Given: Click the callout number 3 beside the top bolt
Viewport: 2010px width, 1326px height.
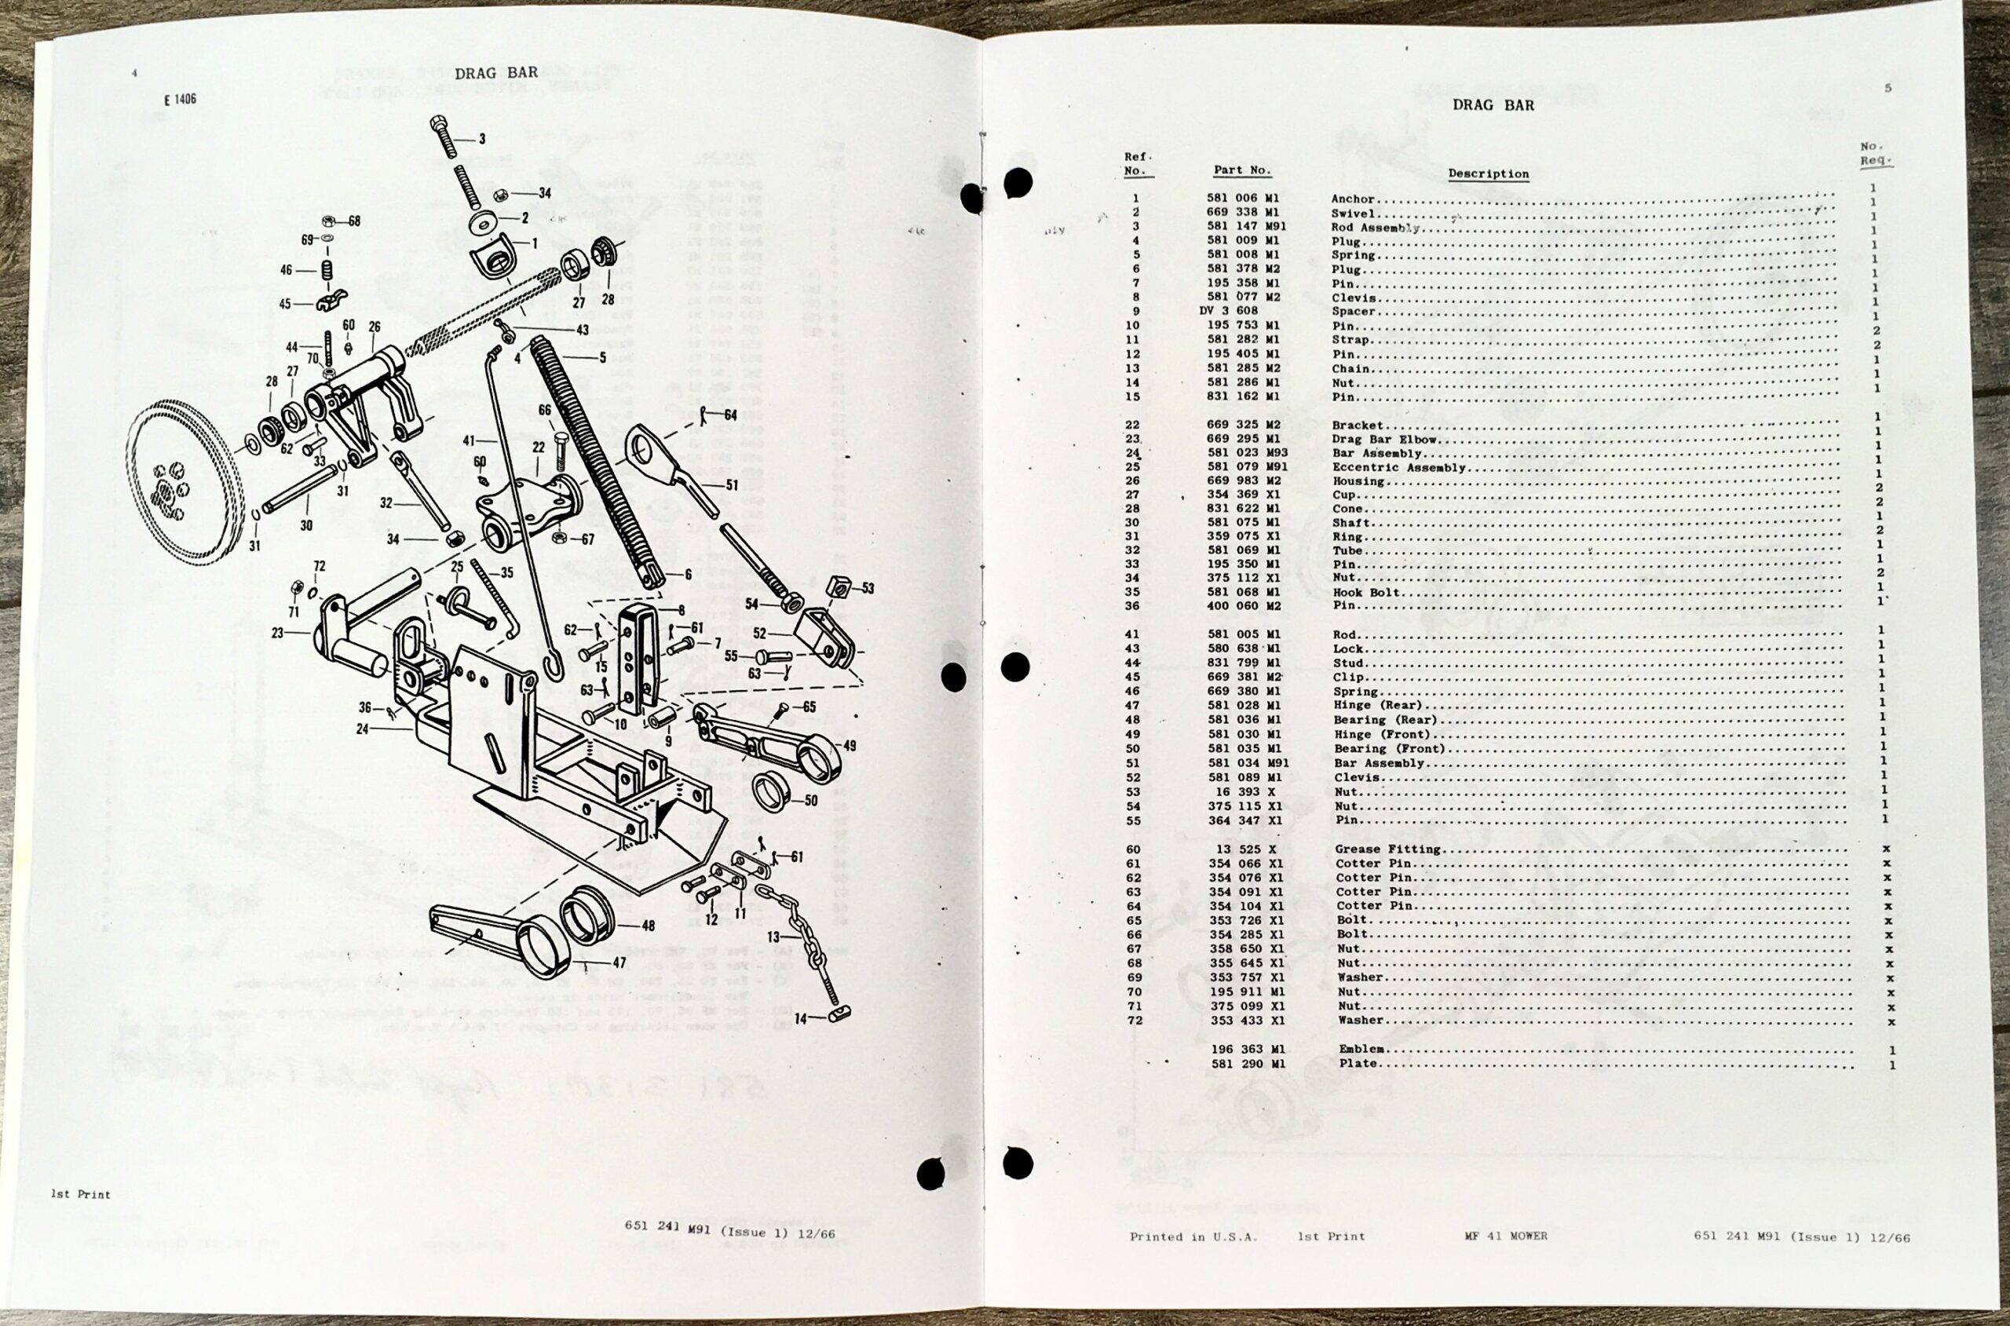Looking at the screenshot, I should click(x=482, y=139).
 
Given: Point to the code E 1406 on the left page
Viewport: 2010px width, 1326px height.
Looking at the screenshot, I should click(x=180, y=100).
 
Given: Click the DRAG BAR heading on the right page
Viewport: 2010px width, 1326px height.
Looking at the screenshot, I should click(x=1493, y=106).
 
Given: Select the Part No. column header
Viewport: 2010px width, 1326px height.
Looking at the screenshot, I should click(x=1241, y=170).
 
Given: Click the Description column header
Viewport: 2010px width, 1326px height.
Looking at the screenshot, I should click(x=1488, y=174).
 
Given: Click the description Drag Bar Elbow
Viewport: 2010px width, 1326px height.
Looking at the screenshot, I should click(x=1385, y=440).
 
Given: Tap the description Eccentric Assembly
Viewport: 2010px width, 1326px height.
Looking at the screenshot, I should click(x=1398, y=468).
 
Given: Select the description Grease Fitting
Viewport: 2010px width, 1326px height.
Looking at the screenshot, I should click(x=1387, y=849).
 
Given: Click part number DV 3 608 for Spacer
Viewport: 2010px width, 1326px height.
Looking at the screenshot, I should click(x=1229, y=310).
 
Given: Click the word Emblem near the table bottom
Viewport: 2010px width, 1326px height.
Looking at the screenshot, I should click(x=1361, y=1049).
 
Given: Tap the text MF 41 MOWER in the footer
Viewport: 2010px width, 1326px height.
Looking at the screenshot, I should click(x=1506, y=1236).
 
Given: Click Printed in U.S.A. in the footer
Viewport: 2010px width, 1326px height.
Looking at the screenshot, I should click(x=1193, y=1237).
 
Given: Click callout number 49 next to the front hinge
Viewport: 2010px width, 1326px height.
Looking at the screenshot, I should click(x=849, y=746).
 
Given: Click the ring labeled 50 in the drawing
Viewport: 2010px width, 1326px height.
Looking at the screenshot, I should click(x=770, y=792).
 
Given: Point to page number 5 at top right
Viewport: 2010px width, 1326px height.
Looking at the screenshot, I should click(x=1888, y=88).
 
